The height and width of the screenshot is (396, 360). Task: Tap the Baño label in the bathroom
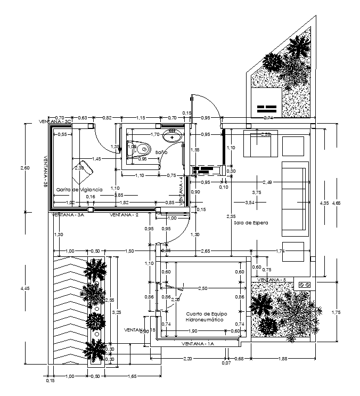[x=161, y=152]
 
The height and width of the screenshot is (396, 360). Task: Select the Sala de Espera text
[x=250, y=222]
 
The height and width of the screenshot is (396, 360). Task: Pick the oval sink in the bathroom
[x=173, y=138]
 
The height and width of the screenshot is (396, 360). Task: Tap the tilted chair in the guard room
[x=83, y=168]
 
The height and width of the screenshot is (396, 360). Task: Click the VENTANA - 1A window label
[x=198, y=344]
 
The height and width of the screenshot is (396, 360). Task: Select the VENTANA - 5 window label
[x=272, y=280]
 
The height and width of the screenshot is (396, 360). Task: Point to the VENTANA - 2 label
[x=124, y=215]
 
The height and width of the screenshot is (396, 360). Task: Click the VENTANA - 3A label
[x=68, y=215]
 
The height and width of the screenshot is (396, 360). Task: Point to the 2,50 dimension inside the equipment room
[x=202, y=288]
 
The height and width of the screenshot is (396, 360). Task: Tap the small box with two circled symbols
[x=305, y=285]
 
